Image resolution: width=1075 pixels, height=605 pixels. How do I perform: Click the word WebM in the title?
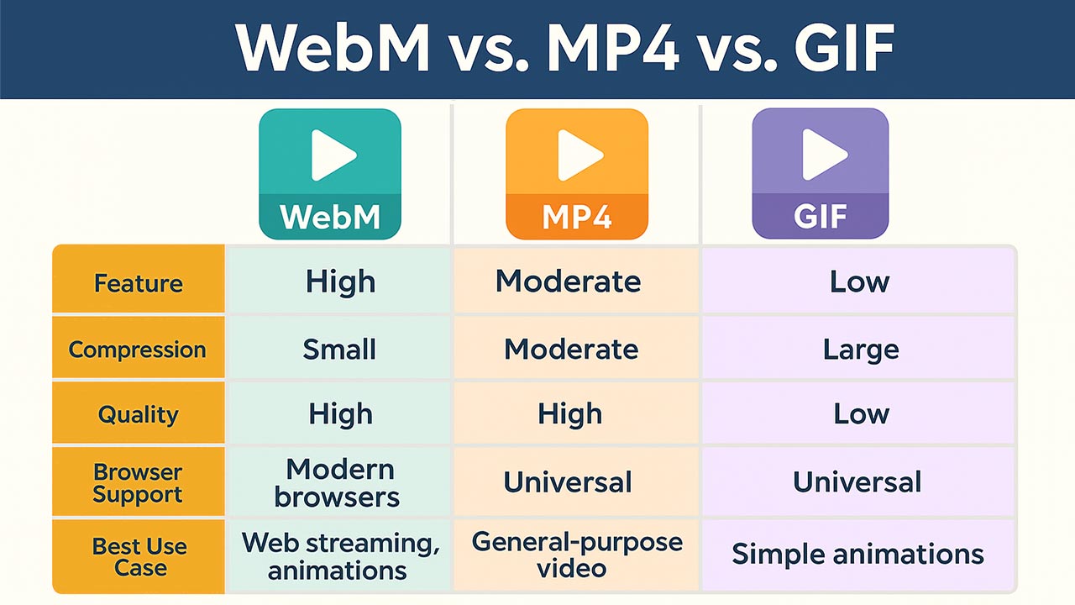333,48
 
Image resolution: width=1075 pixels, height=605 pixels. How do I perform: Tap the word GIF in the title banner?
844,48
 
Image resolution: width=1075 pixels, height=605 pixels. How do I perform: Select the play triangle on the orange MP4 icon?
580,155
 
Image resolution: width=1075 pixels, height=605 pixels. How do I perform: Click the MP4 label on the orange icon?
577,217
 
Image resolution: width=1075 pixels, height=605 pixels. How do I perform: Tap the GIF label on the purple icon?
821,217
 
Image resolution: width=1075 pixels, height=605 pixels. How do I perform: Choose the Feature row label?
139,283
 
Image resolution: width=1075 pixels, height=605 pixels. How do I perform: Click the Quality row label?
139,415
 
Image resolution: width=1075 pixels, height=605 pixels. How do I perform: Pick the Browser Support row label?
138,483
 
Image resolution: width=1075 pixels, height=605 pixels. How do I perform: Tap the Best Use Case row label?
139,557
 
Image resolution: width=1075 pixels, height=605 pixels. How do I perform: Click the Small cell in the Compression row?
339,349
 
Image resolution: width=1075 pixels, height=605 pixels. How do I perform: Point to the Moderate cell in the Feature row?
569,281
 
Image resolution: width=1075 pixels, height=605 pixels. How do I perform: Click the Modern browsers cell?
338,483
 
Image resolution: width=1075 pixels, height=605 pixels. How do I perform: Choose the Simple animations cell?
858,554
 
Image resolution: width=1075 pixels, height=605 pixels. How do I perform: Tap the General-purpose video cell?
577,555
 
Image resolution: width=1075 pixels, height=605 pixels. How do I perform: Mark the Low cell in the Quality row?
862,414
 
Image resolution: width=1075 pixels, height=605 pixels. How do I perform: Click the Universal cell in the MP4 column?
568,482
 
